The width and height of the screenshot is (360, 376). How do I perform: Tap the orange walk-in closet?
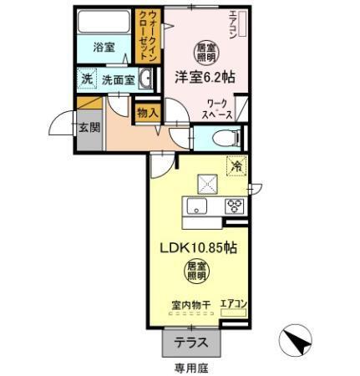pyautogui.click(x=147, y=37)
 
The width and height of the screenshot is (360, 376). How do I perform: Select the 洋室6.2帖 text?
pyautogui.click(x=204, y=75)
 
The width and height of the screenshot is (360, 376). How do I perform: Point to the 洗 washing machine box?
pyautogui.click(x=88, y=79)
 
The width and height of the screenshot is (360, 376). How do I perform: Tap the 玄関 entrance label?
pyautogui.click(x=89, y=128)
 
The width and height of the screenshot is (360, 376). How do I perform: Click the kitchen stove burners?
pyautogui.click(x=234, y=207)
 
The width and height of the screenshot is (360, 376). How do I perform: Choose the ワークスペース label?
pyautogui.click(x=219, y=109)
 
